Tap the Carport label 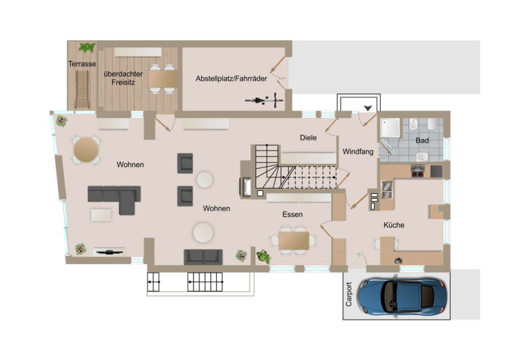pos(349,294)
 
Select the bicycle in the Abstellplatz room pos(264,99)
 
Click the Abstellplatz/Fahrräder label pos(232,79)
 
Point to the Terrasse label pos(82,64)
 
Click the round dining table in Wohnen pos(86,150)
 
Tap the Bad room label pos(422,140)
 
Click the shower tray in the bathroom pos(391,128)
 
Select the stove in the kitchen pos(418,171)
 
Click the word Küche pos(394,225)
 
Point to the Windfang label pos(358,152)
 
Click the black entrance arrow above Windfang pos(368,107)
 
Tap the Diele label pos(308,138)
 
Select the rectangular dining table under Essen pos(293,240)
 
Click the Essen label pos(293,214)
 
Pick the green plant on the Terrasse pos(87,48)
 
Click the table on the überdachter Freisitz pos(163,79)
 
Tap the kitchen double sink pos(387,189)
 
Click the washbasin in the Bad pos(422,156)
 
